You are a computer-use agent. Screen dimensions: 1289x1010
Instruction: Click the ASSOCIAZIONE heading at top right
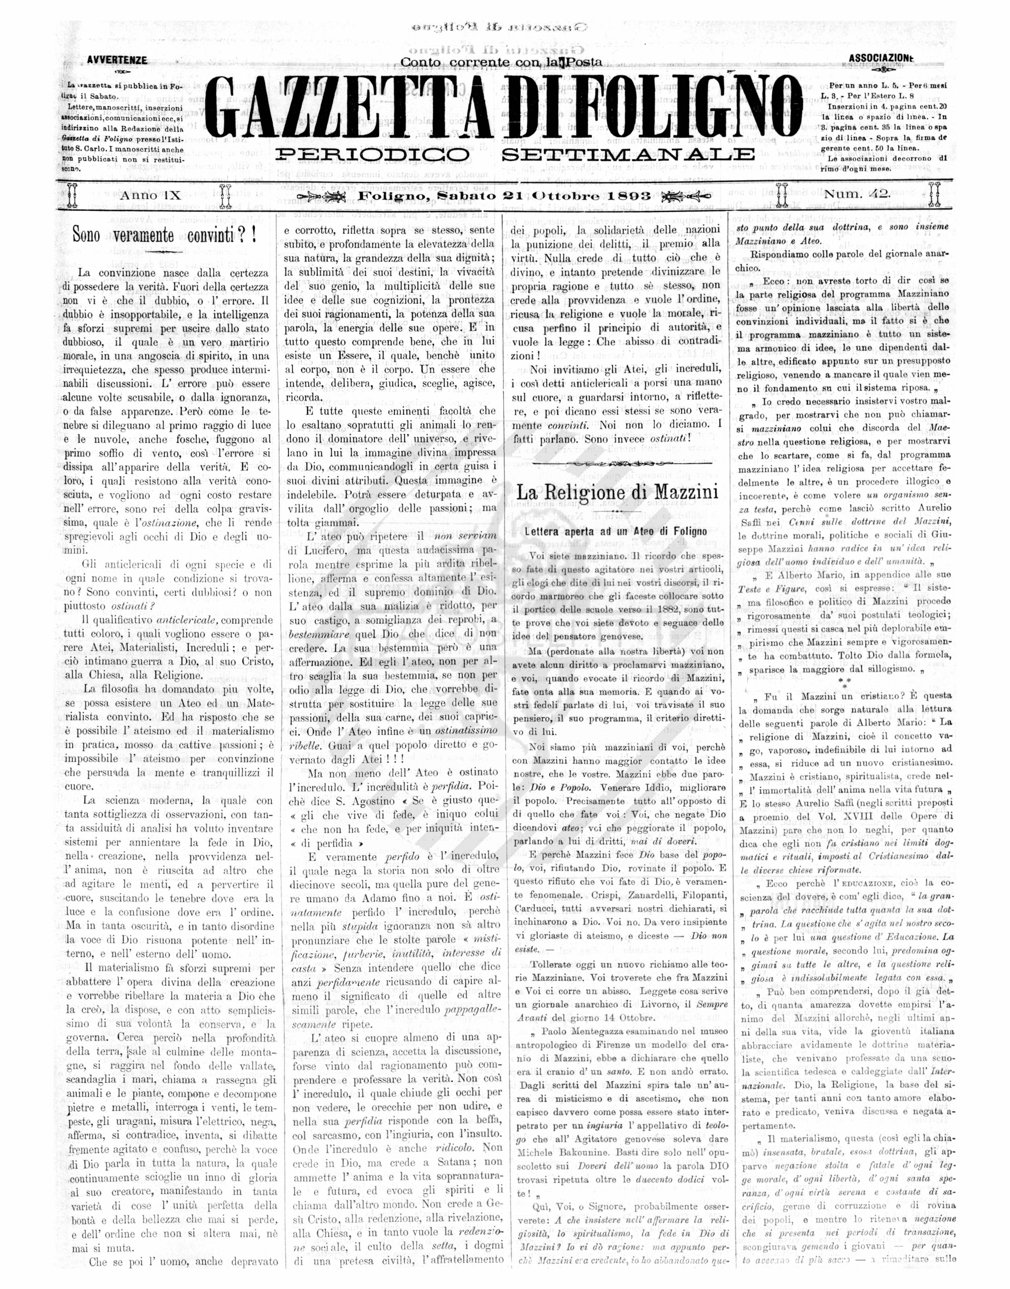click(x=880, y=58)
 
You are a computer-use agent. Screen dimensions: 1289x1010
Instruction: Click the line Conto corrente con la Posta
click(x=501, y=61)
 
